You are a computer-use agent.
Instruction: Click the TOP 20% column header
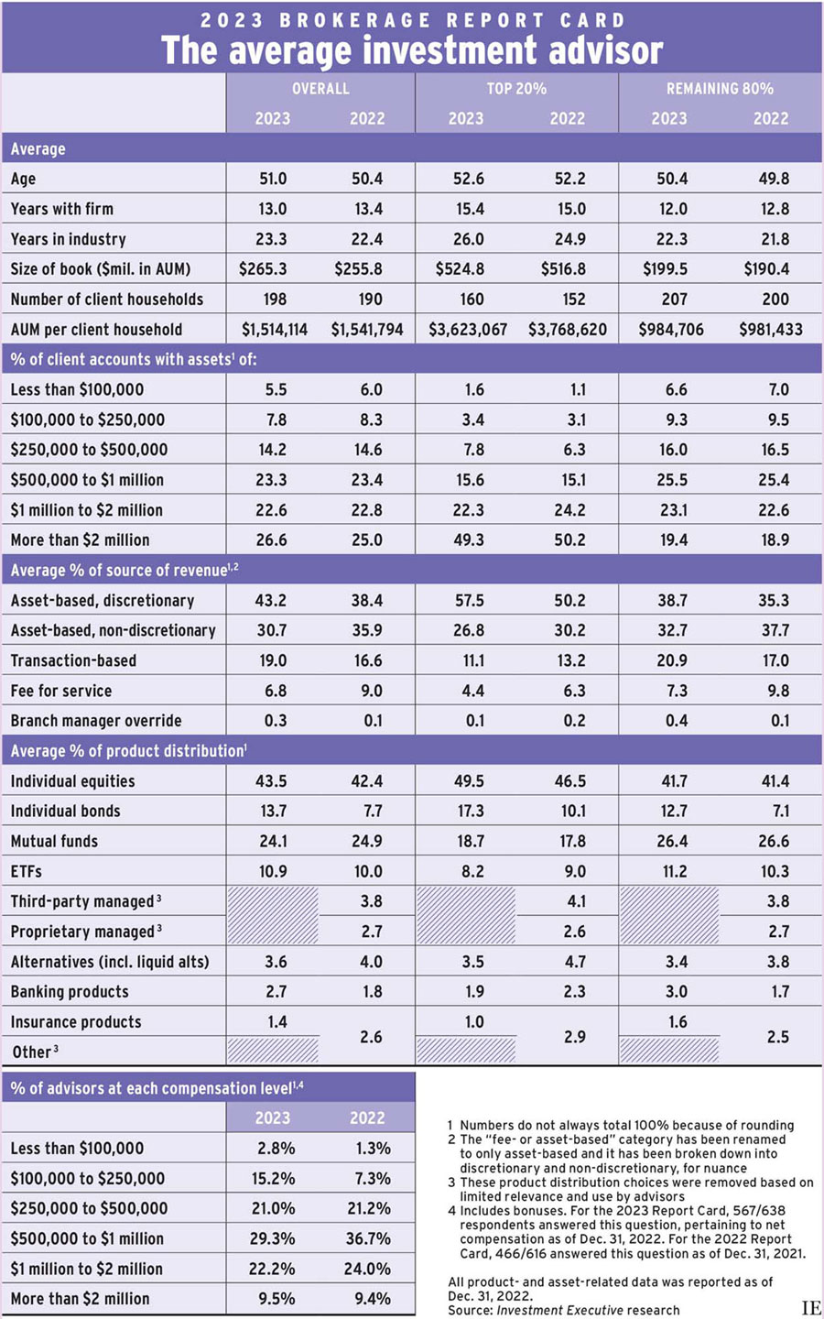pos(516,89)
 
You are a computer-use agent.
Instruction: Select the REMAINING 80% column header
pos(720,89)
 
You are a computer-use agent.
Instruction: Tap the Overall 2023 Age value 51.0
pos(273,179)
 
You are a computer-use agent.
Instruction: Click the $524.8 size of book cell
pos(468,269)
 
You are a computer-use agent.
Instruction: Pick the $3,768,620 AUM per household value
pos(568,330)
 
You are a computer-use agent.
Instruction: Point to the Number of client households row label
pos(106,300)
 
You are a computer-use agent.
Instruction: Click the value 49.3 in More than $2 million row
pos(469,540)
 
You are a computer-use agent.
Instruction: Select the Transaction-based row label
pos(73,660)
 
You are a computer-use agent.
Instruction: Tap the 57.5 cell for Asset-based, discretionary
pos(469,601)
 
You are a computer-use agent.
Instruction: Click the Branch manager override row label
pos(96,721)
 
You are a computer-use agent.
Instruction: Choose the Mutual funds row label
pos(54,841)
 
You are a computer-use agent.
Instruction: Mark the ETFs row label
pos(27,871)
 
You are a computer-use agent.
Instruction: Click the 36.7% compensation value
pos(368,1238)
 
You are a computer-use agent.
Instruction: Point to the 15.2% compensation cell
pos(273,1178)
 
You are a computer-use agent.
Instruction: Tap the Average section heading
pos(38,149)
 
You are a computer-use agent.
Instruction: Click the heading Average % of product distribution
pos(127,751)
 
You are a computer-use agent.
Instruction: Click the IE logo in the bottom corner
pos(810,1308)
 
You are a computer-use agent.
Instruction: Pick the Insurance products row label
pos(76,1021)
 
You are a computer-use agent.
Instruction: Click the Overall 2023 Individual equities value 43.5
pos(273,781)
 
